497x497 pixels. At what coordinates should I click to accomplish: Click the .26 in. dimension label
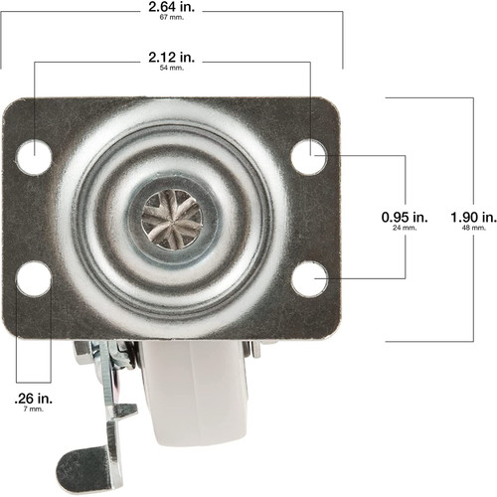33,398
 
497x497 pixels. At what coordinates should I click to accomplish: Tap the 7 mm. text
33,410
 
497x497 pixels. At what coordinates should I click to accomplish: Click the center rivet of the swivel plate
172,217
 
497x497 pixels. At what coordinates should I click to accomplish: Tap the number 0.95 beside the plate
395,215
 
